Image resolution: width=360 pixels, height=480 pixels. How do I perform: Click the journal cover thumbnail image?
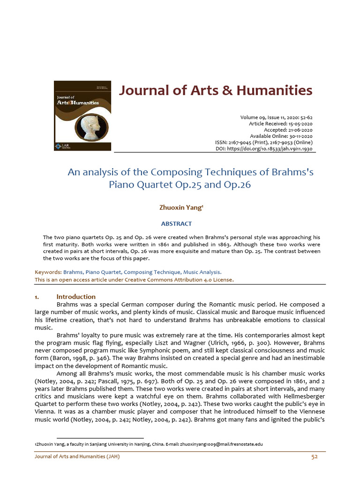(82, 116)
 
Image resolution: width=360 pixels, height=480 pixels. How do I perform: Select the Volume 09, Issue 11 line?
(276, 117)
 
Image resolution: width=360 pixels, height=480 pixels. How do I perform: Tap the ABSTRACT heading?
(176, 224)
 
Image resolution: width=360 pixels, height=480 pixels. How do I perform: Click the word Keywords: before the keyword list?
(48, 272)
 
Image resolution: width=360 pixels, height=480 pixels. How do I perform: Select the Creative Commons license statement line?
(134, 280)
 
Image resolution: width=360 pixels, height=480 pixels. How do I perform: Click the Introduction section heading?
(76, 297)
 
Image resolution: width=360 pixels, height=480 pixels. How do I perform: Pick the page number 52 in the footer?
(315, 457)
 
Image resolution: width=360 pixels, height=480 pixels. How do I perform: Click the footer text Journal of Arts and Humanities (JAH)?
(77, 457)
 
